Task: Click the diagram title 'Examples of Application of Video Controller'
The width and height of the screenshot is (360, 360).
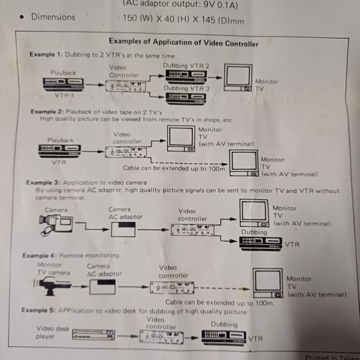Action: (183, 43)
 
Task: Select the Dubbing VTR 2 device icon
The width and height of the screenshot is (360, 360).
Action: (186, 76)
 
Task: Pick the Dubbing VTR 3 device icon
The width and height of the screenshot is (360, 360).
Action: (186, 98)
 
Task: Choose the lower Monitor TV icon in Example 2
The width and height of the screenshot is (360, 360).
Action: (244, 164)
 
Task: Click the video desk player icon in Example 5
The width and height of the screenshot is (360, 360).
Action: (93, 336)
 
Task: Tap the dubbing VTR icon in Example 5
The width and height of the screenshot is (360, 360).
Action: (224, 337)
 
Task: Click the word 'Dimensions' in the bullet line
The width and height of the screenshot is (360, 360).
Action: (53, 17)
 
